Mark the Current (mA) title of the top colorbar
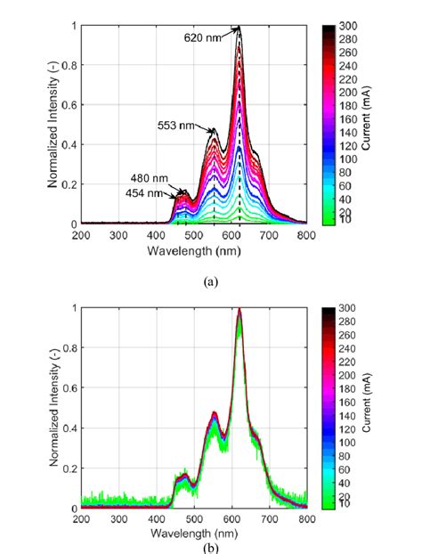pos(366,125)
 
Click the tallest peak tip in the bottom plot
pos(239,310)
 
